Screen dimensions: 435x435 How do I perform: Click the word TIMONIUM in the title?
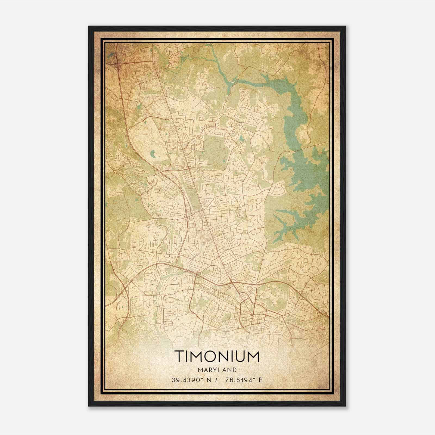coord(217,356)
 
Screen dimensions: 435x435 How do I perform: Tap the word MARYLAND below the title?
coord(217,370)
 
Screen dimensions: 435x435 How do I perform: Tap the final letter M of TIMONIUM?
coord(253,356)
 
